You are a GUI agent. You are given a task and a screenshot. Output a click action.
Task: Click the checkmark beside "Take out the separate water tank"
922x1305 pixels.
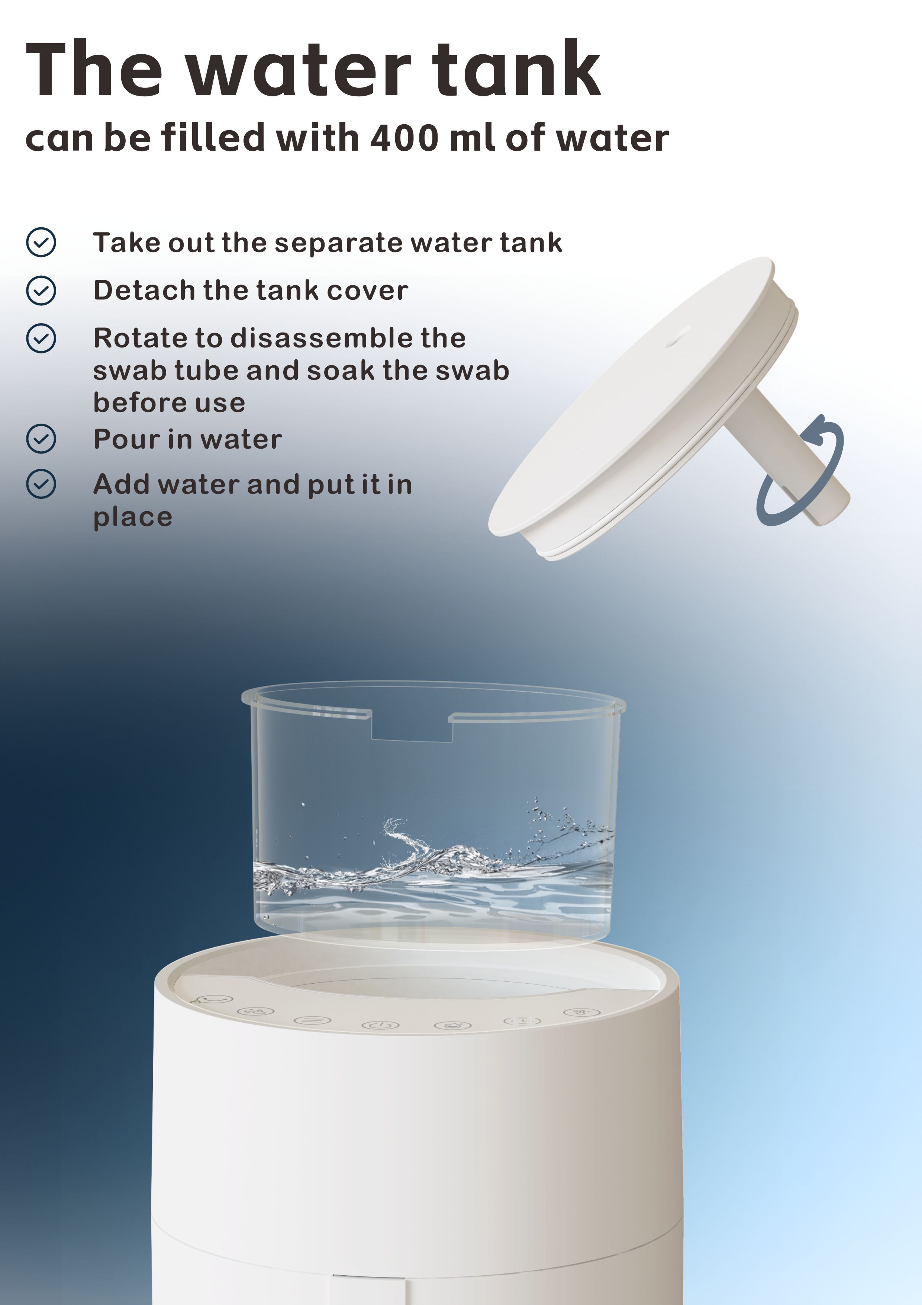(x=41, y=243)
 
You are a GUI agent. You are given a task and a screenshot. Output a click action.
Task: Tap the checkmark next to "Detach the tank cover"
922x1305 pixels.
(x=41, y=291)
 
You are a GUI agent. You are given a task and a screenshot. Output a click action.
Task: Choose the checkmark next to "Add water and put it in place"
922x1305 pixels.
(x=41, y=484)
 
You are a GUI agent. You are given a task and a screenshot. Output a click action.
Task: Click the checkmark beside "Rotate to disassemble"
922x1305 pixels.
(x=41, y=338)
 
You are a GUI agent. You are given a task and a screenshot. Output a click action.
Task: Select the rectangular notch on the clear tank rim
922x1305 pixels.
(x=411, y=726)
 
